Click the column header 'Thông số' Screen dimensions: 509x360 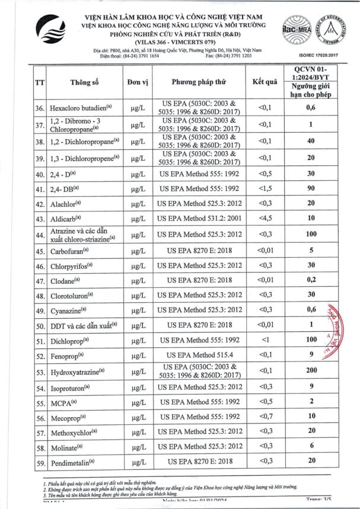point(82,82)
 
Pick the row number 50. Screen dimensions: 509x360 point(40,326)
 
